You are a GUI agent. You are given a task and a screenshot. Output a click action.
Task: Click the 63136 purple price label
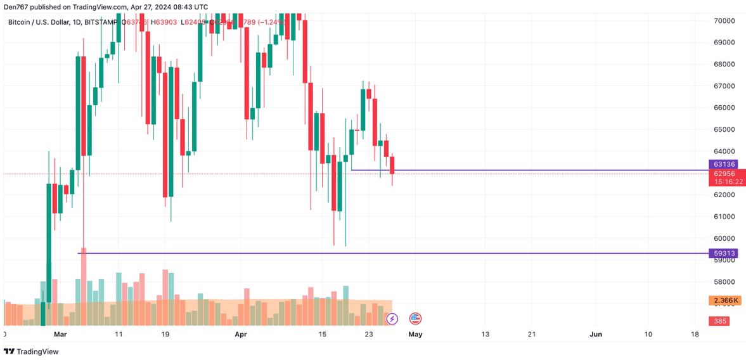pyautogui.click(x=723, y=164)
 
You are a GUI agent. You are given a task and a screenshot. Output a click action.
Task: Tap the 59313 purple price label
pyautogui.click(x=723, y=254)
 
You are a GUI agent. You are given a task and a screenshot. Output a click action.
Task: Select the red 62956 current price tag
pyautogui.click(x=723, y=173)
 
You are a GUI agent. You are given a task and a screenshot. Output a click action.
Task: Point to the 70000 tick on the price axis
pyautogui.click(x=724, y=21)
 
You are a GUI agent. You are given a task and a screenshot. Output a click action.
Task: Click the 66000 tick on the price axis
pyautogui.click(x=724, y=108)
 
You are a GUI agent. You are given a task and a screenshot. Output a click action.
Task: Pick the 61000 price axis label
pyautogui.click(x=724, y=217)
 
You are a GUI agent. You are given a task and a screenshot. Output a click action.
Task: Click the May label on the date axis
pyautogui.click(x=415, y=334)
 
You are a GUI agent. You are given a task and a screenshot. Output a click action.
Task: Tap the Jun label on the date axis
pyautogui.click(x=596, y=334)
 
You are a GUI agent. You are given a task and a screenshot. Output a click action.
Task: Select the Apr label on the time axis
pyautogui.click(x=240, y=334)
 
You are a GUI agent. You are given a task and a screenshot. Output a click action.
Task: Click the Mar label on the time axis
pyautogui.click(x=60, y=334)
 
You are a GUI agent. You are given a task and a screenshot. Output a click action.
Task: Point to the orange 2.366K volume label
pyautogui.click(x=724, y=300)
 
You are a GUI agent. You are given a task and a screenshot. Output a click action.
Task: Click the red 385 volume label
pyautogui.click(x=721, y=321)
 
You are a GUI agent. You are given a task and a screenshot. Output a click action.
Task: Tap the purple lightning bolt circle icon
pyautogui.click(x=392, y=319)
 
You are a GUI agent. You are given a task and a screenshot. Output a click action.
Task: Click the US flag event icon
pyautogui.click(x=415, y=319)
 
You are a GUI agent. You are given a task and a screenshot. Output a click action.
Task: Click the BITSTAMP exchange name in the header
pyautogui.click(x=101, y=22)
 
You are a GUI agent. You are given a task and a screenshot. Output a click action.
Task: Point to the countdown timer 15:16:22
pyautogui.click(x=728, y=182)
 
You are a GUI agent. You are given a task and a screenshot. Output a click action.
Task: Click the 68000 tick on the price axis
pyautogui.click(x=724, y=65)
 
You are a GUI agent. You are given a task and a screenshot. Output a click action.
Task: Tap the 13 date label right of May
pyautogui.click(x=486, y=334)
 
